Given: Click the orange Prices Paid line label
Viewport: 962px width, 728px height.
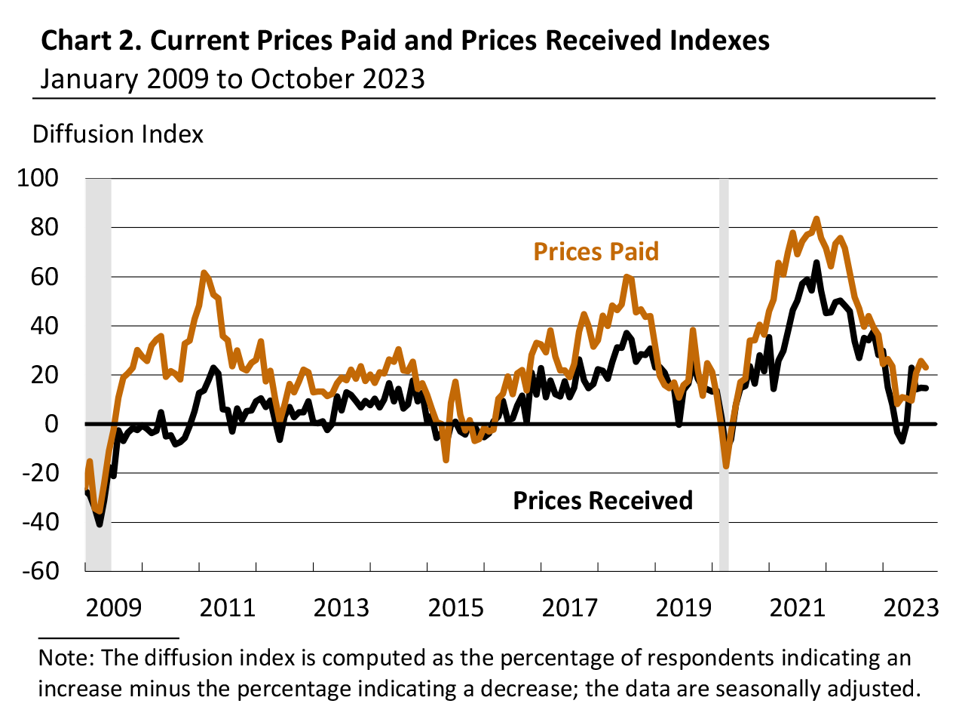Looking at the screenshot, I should coord(596,251).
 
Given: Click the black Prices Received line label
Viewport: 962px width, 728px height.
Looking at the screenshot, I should coord(602,501).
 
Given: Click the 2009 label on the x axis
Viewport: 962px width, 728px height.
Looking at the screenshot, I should coord(113,607).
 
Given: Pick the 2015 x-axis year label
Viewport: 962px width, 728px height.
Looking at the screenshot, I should coord(456,607).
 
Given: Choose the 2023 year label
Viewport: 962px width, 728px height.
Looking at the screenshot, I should coord(911,607).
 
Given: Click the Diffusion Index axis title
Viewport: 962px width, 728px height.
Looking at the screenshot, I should coord(118,134).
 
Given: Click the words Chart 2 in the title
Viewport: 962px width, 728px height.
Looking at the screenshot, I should coord(90,41).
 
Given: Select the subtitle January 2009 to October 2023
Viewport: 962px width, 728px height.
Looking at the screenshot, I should coord(232,78).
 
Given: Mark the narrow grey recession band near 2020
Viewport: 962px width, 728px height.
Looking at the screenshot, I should coord(725,373).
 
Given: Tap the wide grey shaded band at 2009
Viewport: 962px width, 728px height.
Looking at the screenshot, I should coord(99,373).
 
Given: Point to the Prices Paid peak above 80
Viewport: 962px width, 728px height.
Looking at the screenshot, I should coord(816,220).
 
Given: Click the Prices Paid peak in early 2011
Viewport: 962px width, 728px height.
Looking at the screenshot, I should coord(204,272).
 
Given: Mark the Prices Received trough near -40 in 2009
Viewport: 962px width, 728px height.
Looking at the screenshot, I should coord(100,524).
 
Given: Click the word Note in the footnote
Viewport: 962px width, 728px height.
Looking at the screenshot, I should coord(65,658).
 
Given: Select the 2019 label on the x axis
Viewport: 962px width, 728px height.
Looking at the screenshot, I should coord(683,607).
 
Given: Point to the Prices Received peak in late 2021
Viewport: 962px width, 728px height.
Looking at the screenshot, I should coord(816,263).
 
